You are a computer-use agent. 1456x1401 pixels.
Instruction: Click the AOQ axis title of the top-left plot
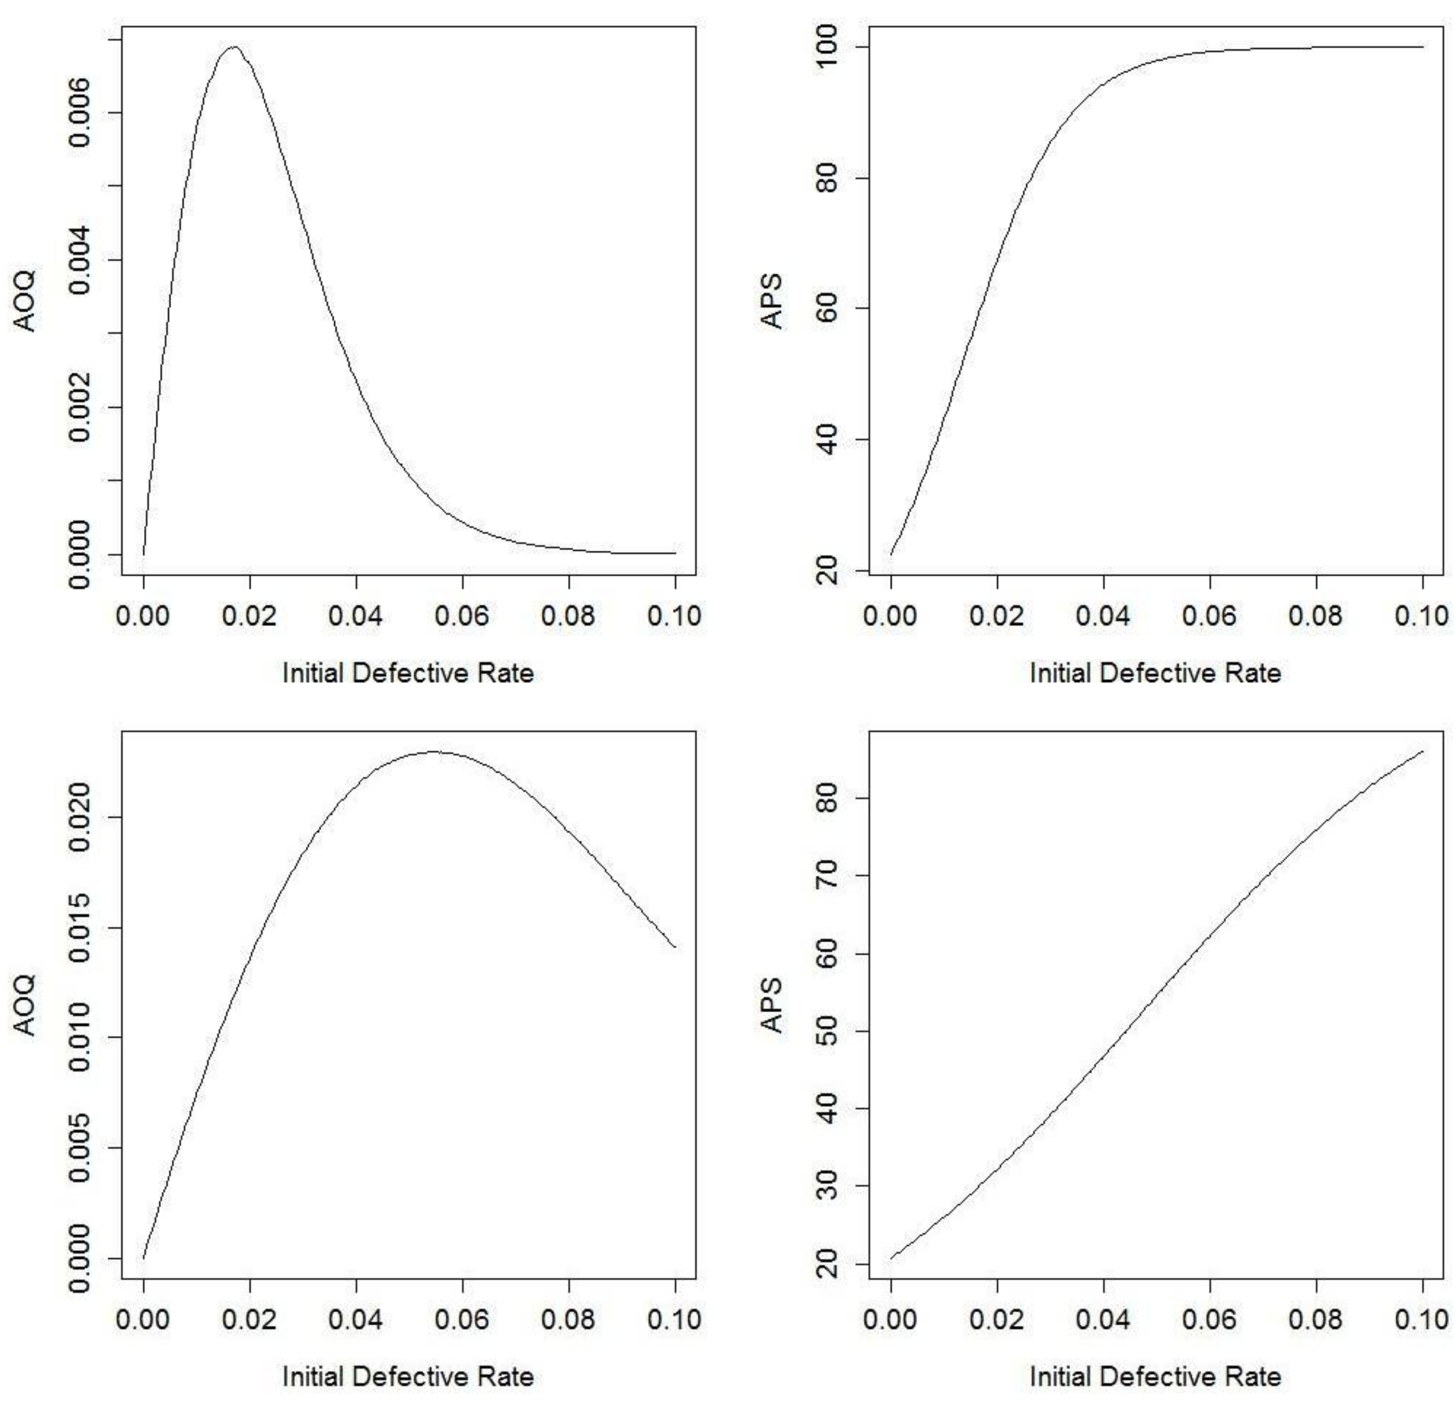tap(26, 301)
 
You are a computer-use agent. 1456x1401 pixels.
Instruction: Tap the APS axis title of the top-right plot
tap(773, 301)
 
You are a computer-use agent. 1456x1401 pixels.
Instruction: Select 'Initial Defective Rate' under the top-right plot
tap(1155, 673)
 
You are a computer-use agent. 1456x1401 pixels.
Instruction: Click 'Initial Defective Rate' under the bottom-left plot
tap(408, 1377)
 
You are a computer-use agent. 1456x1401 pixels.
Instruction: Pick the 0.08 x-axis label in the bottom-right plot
tap(1316, 1319)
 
